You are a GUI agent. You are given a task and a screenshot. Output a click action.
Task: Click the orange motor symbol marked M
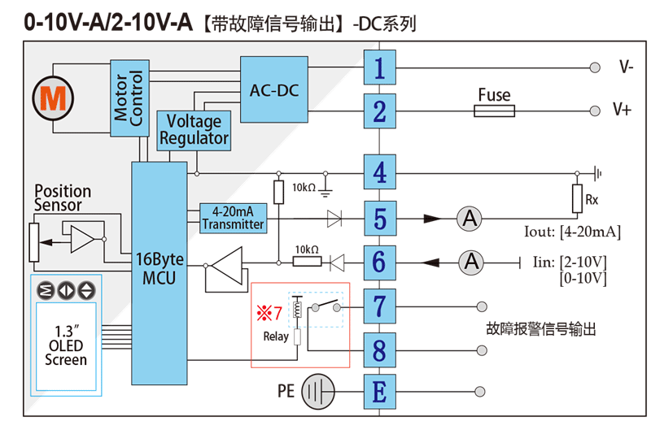54,98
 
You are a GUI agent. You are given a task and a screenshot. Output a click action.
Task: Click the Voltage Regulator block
194,130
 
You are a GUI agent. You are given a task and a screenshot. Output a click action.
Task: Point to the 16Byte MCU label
160,268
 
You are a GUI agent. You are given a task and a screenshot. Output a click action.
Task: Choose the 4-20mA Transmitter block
233,218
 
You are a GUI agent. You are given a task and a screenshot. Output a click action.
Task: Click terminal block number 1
379,67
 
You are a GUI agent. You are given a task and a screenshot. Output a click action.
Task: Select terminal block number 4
379,172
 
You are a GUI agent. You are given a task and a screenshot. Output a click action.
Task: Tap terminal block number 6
379,262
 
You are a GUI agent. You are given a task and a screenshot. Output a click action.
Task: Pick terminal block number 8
379,351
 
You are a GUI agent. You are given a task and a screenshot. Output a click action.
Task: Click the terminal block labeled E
379,393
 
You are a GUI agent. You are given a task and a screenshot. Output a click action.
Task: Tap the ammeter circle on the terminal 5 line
468,218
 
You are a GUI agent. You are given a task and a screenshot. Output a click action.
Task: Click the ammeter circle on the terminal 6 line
470,262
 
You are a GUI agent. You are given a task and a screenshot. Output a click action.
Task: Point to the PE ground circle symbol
318,393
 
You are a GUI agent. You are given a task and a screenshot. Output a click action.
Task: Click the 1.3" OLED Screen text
65,345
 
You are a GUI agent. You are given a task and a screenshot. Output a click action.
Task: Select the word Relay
276,336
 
